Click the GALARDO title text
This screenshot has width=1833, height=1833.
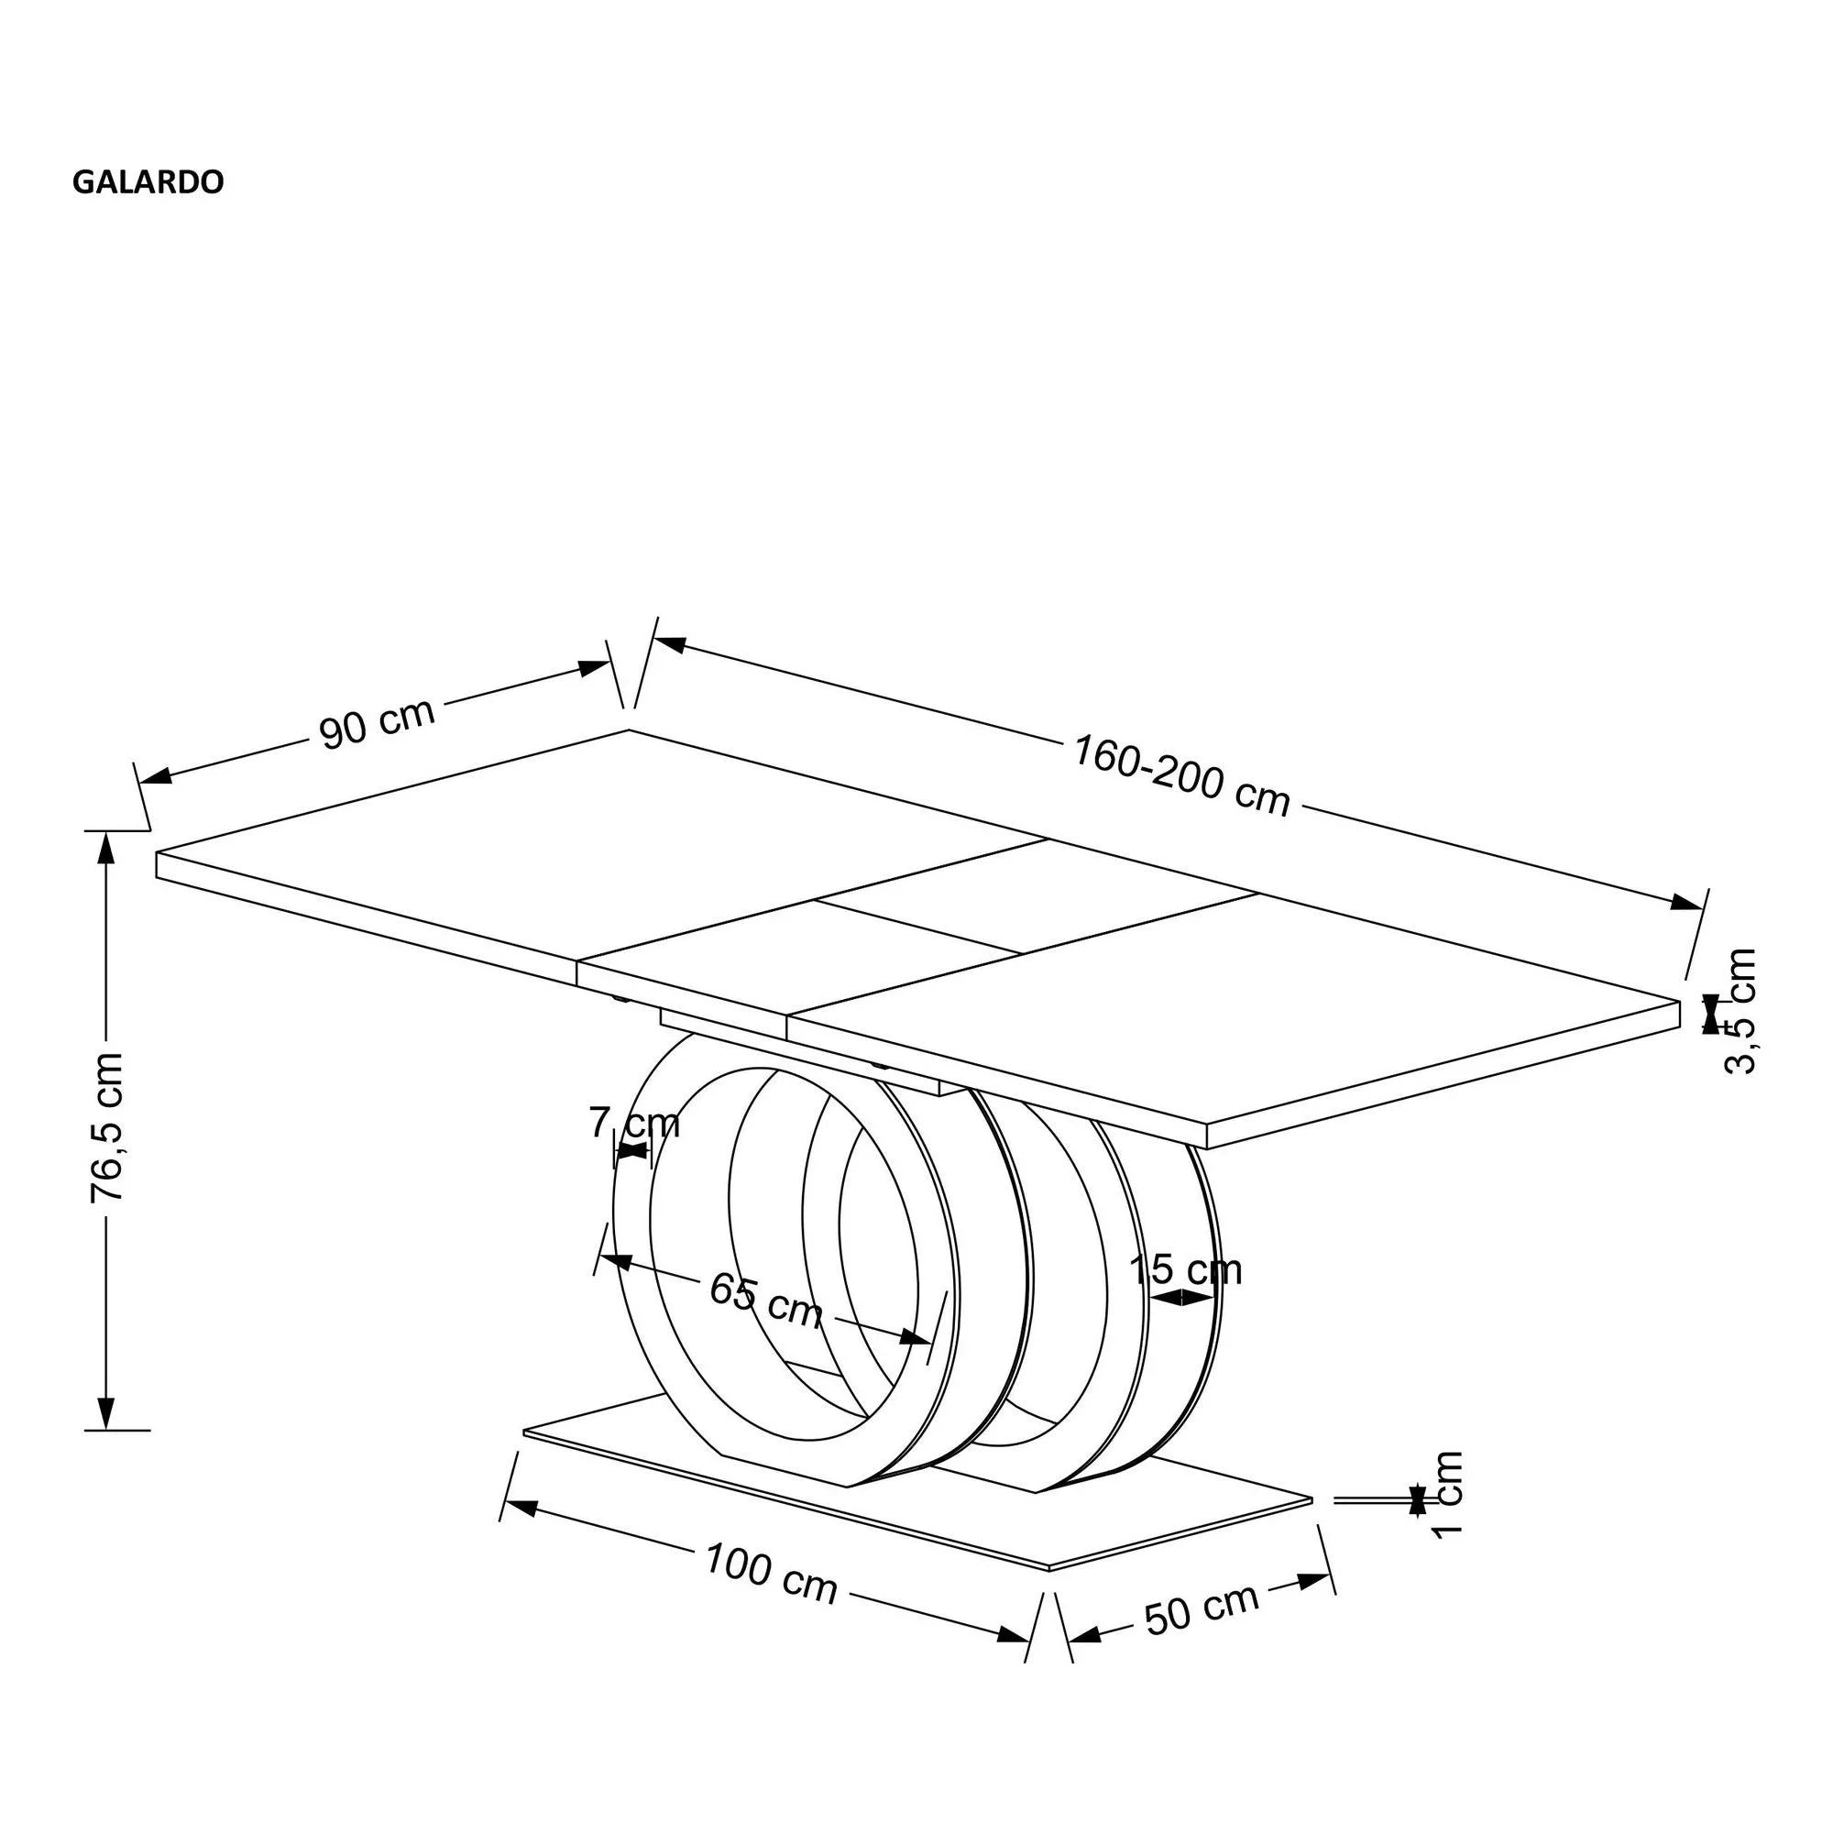click(x=148, y=182)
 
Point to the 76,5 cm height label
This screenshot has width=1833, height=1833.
click(x=106, y=1128)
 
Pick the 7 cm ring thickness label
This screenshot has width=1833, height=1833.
click(x=634, y=1124)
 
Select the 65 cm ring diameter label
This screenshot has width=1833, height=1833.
click(x=765, y=1301)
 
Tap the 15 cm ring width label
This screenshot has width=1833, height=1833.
click(x=1185, y=1269)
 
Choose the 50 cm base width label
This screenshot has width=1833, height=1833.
click(x=1202, y=1610)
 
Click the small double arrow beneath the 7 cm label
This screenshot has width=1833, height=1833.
click(x=631, y=1151)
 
